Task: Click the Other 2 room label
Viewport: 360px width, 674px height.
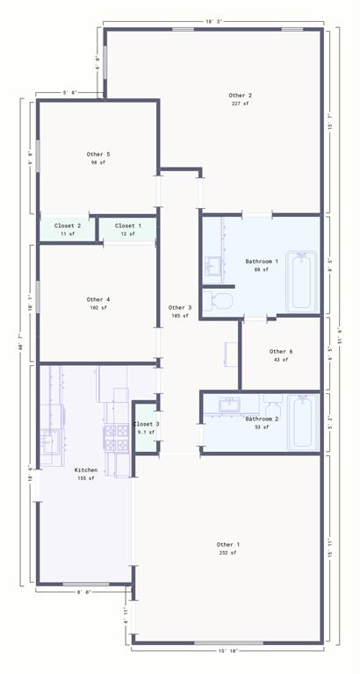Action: pyautogui.click(x=240, y=95)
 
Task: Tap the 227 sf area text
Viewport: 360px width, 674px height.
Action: pyautogui.click(x=240, y=104)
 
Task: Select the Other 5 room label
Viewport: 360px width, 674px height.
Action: pyautogui.click(x=98, y=154)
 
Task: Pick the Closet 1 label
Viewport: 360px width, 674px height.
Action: pyautogui.click(x=128, y=226)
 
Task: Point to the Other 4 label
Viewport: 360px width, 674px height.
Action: pyautogui.click(x=98, y=299)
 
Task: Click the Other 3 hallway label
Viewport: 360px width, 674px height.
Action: pyautogui.click(x=179, y=307)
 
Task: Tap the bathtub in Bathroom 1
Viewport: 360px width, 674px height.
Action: pyautogui.click(x=302, y=281)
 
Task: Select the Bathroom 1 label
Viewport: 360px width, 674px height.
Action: pyautogui.click(x=262, y=262)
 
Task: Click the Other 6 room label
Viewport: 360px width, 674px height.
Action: pyautogui.click(x=281, y=351)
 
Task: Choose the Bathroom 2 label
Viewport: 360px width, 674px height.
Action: pyautogui.click(x=262, y=419)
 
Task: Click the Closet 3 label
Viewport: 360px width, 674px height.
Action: pyautogui.click(x=146, y=424)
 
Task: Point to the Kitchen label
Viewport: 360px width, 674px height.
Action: pyautogui.click(x=86, y=470)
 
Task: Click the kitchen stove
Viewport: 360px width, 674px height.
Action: pyautogui.click(x=117, y=436)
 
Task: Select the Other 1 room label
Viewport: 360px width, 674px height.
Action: pyautogui.click(x=228, y=544)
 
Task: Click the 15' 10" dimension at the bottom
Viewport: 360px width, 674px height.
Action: pyautogui.click(x=228, y=650)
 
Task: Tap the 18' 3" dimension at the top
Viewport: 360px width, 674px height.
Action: pyautogui.click(x=215, y=21)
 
